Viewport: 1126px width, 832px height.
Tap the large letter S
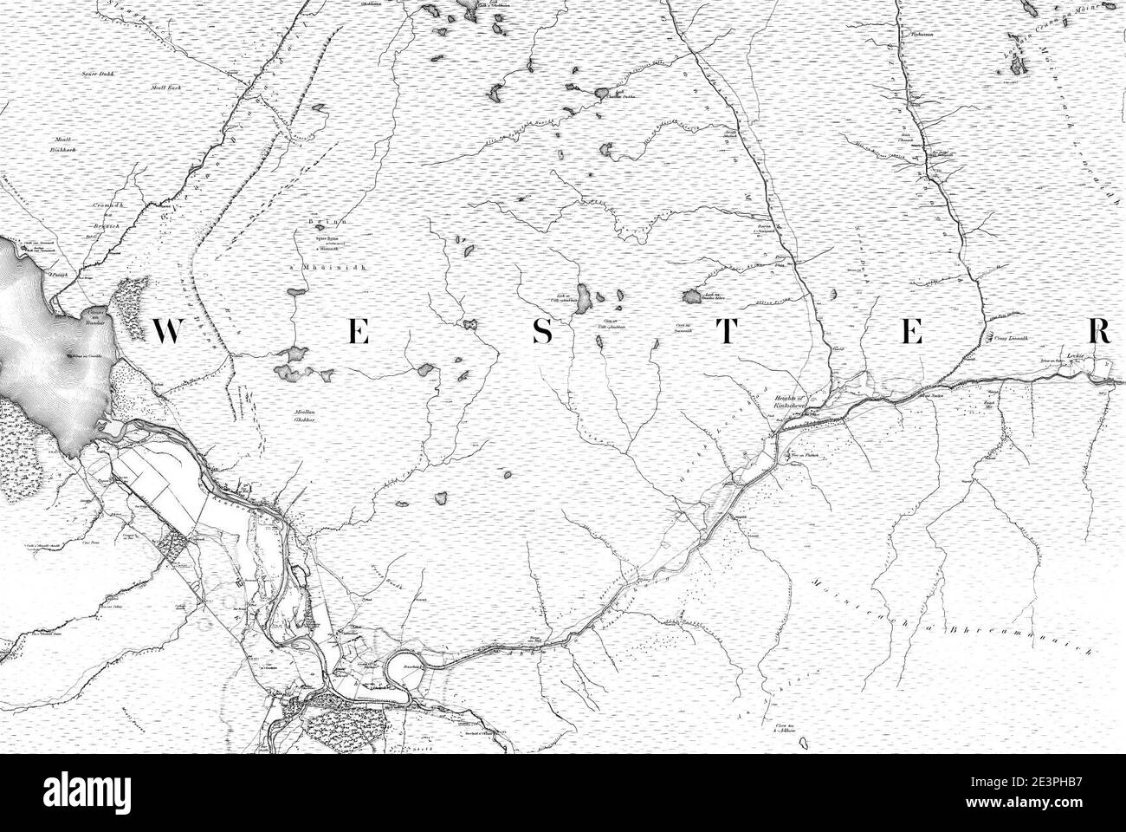[542, 332]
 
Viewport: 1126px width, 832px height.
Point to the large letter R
[1100, 332]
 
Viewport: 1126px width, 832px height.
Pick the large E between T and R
[913, 332]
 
